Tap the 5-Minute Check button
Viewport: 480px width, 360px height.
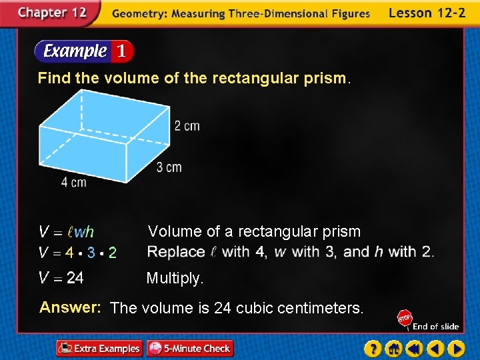189,348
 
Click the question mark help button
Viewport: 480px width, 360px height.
373,348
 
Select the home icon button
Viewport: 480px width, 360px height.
393,348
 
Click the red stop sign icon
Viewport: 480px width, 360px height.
404,318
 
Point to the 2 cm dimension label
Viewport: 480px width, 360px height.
187,126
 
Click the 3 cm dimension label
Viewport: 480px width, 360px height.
169,167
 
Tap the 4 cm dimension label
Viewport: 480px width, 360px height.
73,182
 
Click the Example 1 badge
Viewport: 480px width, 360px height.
84,51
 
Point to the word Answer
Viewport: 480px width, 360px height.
70,307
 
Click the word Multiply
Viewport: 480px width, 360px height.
175,278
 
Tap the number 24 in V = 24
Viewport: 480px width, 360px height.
75,278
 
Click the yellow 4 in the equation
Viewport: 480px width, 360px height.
69,253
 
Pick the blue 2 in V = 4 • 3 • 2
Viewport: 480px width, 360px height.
112,253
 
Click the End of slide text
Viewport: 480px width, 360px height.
435,326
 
